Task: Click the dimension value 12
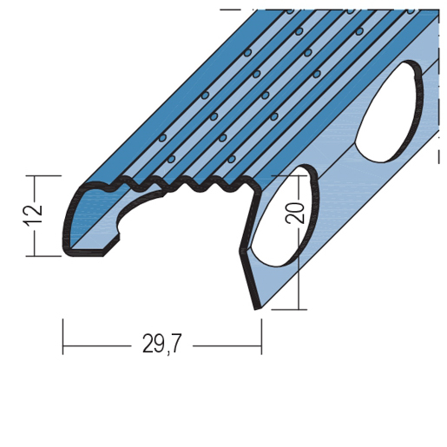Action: click(x=33, y=216)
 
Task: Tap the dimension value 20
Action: click(x=296, y=213)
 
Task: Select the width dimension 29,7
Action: click(x=161, y=344)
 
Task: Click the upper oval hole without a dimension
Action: click(x=388, y=111)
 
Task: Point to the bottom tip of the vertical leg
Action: click(x=257, y=308)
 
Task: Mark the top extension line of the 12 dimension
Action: click(x=43, y=175)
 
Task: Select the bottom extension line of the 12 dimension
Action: click(x=43, y=256)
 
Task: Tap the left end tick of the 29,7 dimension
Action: click(x=62, y=337)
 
